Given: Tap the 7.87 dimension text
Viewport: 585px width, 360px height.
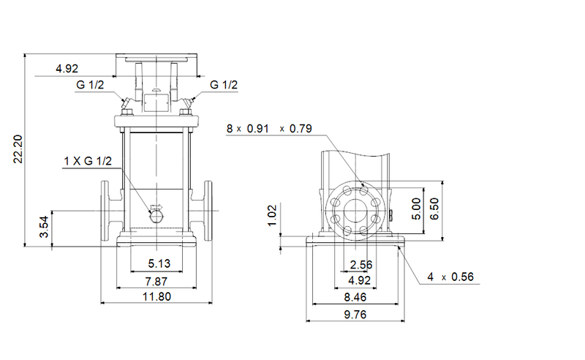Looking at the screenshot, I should pos(155,281).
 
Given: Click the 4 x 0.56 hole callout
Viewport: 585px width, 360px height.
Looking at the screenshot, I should pos(451,277).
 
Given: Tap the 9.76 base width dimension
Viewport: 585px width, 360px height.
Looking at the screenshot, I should pos(355,315).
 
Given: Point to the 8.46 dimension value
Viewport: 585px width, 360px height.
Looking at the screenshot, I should pos(355,298).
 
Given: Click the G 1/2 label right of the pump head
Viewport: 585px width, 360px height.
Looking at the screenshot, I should pos(224,86).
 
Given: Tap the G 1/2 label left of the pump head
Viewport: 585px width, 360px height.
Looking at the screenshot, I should pos(90,86).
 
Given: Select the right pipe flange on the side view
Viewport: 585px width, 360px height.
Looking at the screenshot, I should pos(207,211).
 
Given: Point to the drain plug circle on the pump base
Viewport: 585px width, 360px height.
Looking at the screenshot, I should pos(155,215).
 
